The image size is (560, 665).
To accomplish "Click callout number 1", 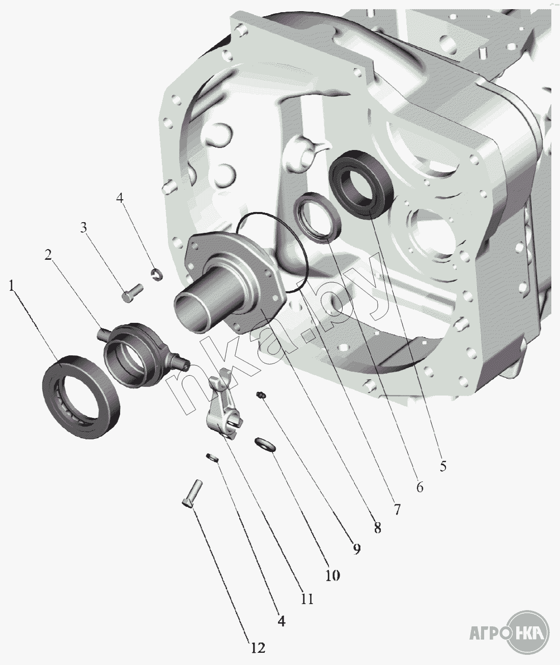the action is click(12, 286).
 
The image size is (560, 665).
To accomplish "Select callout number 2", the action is click(48, 255).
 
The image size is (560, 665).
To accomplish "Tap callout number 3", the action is click(83, 228).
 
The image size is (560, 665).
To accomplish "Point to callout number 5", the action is click(443, 466).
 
